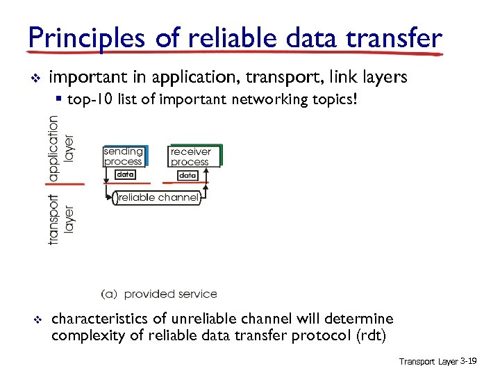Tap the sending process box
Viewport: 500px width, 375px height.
point(124,156)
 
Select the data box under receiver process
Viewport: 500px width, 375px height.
point(187,176)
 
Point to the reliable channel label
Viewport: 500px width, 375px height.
point(159,198)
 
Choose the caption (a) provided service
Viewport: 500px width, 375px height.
point(159,294)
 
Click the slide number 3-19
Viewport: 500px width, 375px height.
point(467,362)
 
